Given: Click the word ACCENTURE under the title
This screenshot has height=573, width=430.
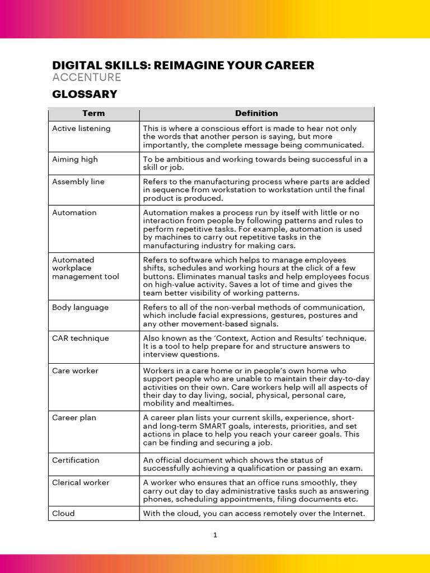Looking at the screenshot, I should pyautogui.click(x=86, y=77).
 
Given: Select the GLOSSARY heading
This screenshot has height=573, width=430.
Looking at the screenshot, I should pyautogui.click(x=85, y=94).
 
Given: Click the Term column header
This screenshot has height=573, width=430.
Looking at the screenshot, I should pyautogui.click(x=94, y=114).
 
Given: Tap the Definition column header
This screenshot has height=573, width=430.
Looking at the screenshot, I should pyautogui.click(x=256, y=114).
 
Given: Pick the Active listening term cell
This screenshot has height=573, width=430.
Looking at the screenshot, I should pyautogui.click(x=81, y=129).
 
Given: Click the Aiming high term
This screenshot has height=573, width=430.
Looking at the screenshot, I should pyautogui.click(x=74, y=159).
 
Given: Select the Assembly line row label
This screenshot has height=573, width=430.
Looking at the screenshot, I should pyautogui.click(x=78, y=182).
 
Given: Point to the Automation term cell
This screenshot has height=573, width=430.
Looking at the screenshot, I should pyautogui.click(x=74, y=213).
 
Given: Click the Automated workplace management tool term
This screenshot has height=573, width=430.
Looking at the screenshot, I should pyautogui.click(x=85, y=268).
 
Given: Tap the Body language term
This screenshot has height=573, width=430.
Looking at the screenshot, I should pyautogui.click(x=80, y=308).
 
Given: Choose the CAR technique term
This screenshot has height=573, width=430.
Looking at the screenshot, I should pyautogui.click(x=80, y=339).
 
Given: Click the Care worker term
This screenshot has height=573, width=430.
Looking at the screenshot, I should pyautogui.click(x=75, y=371).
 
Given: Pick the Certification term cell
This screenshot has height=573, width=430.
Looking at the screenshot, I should pyautogui.click(x=76, y=461).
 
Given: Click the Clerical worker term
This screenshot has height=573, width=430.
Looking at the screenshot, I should pyautogui.click(x=81, y=483).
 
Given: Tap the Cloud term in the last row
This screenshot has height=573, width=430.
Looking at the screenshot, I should pyautogui.click(x=63, y=514).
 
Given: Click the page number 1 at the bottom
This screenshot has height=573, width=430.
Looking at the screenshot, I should pyautogui.click(x=215, y=536).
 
